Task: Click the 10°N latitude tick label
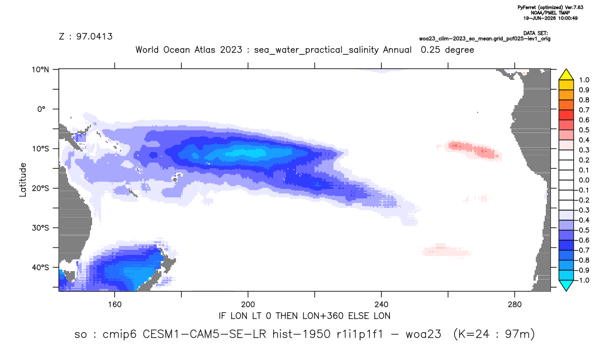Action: click(40, 70)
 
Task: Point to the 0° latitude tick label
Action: click(41, 109)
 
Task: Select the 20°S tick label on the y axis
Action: click(40, 188)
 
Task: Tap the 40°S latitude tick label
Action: click(40, 267)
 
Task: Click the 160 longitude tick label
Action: click(115, 305)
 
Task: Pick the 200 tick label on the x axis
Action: click(248, 305)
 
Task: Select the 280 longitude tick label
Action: click(515, 305)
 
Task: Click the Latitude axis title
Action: click(23, 180)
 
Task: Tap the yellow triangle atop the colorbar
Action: click(566, 74)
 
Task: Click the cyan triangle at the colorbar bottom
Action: click(566, 285)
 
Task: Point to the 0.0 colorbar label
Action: click(584, 180)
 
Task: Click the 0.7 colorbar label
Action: click(584, 110)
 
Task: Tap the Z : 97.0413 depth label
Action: click(85, 36)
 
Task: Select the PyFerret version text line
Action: click(550, 8)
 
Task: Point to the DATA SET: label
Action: click(535, 34)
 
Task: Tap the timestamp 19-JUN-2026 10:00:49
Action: click(550, 18)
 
